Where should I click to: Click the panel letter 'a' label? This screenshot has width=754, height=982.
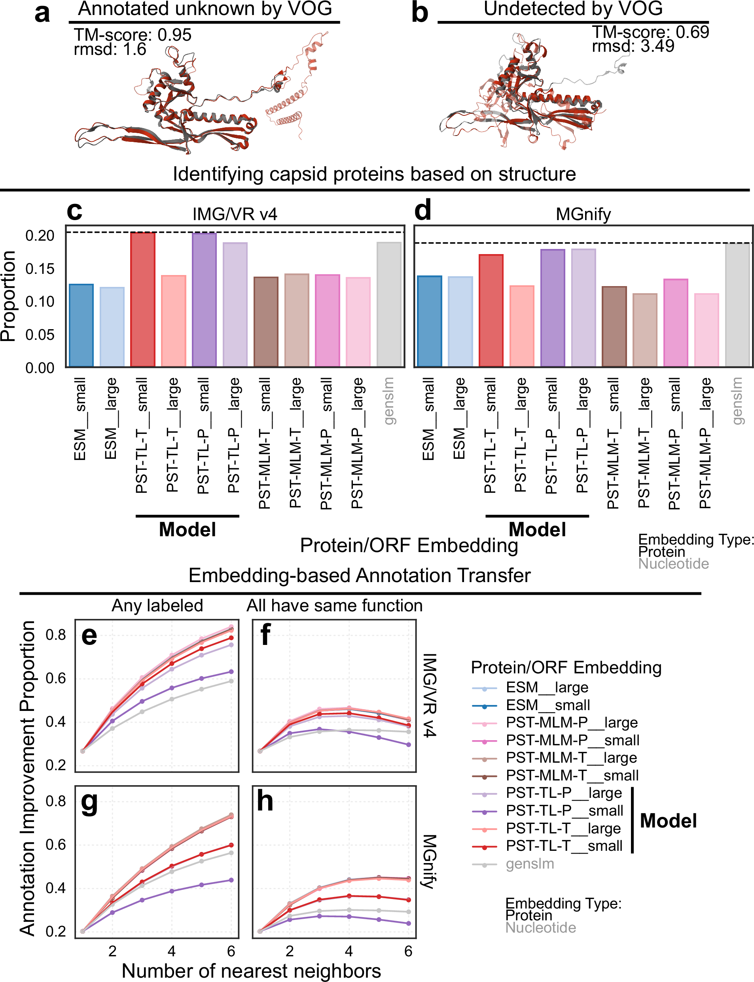pyautogui.click(x=42, y=13)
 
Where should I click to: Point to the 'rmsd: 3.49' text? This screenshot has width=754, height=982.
pyautogui.click(x=633, y=46)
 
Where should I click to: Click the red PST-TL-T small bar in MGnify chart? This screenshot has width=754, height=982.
pyautogui.click(x=491, y=310)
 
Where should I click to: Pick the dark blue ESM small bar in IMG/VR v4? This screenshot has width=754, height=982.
pyautogui.click(x=81, y=325)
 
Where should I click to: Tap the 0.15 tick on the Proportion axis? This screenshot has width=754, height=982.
pyautogui.click(x=40, y=269)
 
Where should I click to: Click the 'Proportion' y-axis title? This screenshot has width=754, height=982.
pyautogui.click(x=8, y=296)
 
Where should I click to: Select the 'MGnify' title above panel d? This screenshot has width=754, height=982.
pyautogui.click(x=583, y=214)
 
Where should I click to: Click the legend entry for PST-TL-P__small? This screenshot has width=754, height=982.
pyautogui.click(x=564, y=811)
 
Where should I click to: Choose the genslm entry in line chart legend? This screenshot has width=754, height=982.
pyautogui.click(x=530, y=863)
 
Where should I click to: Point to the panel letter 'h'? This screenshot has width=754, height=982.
pyautogui.click(x=265, y=801)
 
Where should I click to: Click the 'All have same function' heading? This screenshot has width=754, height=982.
pyautogui.click(x=334, y=605)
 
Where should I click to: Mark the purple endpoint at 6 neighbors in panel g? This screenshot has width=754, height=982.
pyautogui.click(x=231, y=880)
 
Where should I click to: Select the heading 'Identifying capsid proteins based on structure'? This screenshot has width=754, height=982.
pyautogui.click(x=374, y=174)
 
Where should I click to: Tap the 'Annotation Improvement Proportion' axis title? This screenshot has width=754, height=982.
pyautogui.click(x=27, y=778)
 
